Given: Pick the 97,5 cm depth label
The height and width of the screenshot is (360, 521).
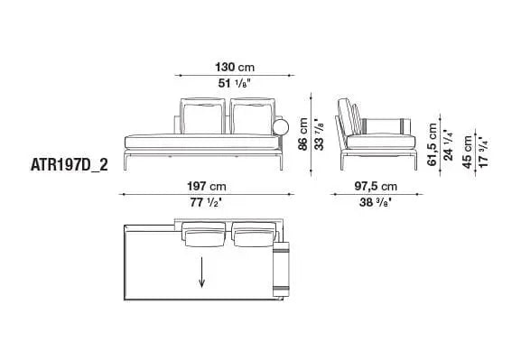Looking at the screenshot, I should tap(376, 187).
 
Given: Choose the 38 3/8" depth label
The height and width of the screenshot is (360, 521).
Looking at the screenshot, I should tap(376, 203).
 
